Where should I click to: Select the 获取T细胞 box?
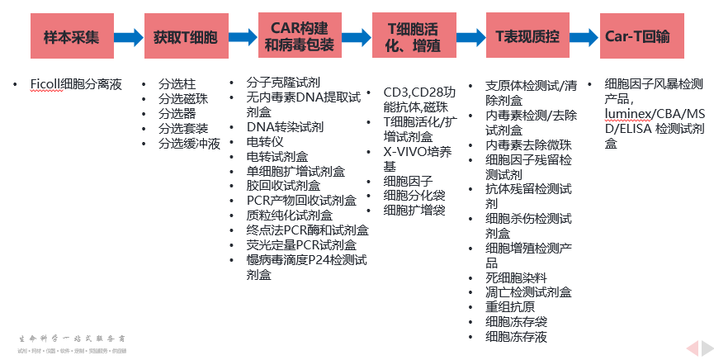click(x=185, y=37)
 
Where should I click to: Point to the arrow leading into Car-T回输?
click(x=584, y=37)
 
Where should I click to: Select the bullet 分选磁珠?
click(x=183, y=98)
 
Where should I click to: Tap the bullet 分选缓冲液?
click(x=189, y=143)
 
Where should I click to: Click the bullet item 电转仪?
click(x=265, y=141)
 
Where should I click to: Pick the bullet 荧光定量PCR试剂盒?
click(x=301, y=244)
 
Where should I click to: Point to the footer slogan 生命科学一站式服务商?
click(x=73, y=339)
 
